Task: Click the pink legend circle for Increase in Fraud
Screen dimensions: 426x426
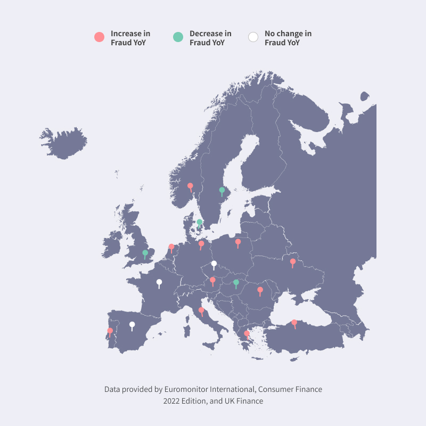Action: click(x=99, y=37)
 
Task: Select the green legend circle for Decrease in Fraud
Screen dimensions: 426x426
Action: click(x=178, y=37)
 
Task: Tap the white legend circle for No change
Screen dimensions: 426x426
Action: click(x=253, y=37)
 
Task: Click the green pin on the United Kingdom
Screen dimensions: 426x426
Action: click(x=145, y=253)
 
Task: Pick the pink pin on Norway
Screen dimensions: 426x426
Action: click(x=190, y=186)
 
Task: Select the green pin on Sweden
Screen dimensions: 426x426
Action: click(x=222, y=190)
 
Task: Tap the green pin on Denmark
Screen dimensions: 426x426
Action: click(x=199, y=223)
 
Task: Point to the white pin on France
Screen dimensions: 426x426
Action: click(x=159, y=282)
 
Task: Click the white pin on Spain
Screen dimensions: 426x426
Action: click(x=132, y=325)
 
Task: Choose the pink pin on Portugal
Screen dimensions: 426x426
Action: click(x=110, y=331)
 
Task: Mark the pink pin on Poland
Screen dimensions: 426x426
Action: click(x=238, y=242)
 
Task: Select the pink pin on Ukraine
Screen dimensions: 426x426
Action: click(x=292, y=262)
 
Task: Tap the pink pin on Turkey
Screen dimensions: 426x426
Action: click(x=294, y=323)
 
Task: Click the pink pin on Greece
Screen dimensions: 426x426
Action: click(x=247, y=334)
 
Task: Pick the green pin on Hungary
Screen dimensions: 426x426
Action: click(x=236, y=283)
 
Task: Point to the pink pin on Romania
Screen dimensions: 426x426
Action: click(x=260, y=290)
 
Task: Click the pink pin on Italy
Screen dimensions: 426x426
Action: click(x=201, y=310)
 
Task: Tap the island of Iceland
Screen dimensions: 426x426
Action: click(x=64, y=143)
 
